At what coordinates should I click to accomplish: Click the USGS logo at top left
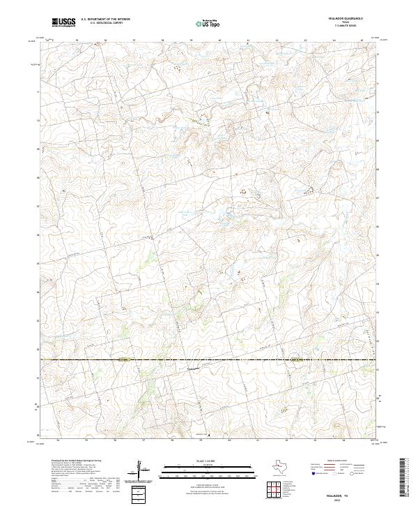pyautogui.click(x=63, y=22)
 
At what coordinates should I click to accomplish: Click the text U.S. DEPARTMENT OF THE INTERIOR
pyautogui.click(x=105, y=20)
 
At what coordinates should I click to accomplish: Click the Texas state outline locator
pyautogui.click(x=283, y=466)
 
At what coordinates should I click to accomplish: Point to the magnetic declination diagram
pyautogui.click(x=140, y=469)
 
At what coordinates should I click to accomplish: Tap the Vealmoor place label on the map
pyautogui.click(x=193, y=369)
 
